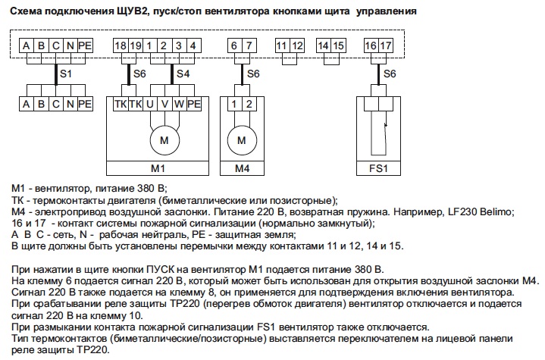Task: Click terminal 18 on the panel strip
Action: pos(121,45)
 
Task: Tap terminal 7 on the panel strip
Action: pos(249,45)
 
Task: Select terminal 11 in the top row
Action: pos(282,45)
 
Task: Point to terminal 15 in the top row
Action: pos(338,45)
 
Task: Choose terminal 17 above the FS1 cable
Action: pos(386,45)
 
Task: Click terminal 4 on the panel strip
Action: pos(193,45)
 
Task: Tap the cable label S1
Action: pos(66,74)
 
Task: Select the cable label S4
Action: pos(183,74)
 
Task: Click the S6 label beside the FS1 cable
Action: pos(390,74)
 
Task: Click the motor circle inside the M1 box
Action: pos(164,140)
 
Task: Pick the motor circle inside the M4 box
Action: pos(242,140)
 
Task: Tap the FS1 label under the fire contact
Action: pos(378,168)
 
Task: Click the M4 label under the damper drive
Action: pos(242,168)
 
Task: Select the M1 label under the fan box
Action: pos(158,168)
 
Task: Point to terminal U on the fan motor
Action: pos(150,104)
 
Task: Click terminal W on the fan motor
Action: pos(180,104)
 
